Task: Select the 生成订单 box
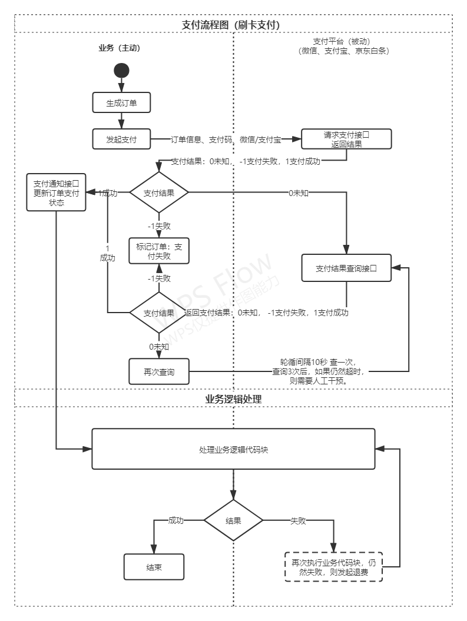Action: (121, 102)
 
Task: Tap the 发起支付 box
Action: (121, 140)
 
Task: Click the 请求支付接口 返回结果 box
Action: (346, 140)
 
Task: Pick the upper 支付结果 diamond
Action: (158, 193)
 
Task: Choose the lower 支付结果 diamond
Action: (158, 313)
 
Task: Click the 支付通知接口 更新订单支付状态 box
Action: (57, 192)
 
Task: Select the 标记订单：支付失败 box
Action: (158, 252)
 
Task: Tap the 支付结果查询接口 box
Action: (346, 268)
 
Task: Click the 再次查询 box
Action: (159, 372)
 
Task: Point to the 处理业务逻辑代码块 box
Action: (233, 449)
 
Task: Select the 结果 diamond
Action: (233, 521)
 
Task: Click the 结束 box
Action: (154, 567)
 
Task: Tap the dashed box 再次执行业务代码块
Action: (333, 567)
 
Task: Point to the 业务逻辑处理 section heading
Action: (233, 398)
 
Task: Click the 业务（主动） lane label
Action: (120, 48)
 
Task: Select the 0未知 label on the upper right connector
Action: (299, 193)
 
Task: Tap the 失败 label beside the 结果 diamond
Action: (298, 521)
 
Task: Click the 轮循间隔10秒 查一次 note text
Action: (317, 362)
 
